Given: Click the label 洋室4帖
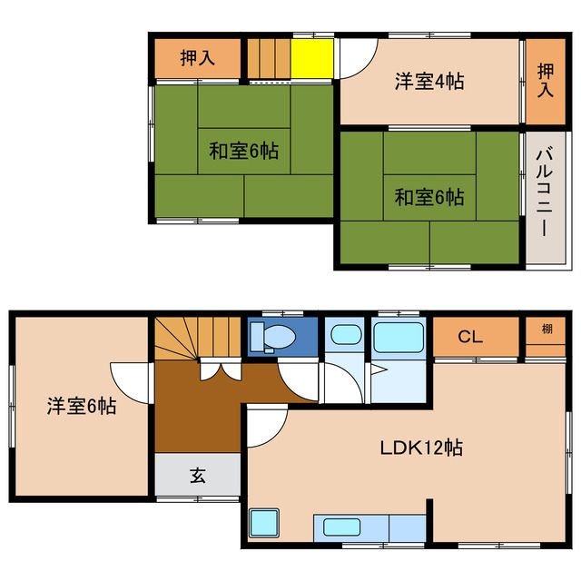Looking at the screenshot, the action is [x=429, y=81].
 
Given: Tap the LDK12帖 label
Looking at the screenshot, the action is [x=421, y=448].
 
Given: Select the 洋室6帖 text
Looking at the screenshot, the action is [x=82, y=406].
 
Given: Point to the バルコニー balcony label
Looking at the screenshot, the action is [x=545, y=192].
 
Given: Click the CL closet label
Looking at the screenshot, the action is [x=470, y=337].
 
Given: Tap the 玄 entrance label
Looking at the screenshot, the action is [x=198, y=476].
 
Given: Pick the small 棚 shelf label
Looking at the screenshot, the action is [x=547, y=329].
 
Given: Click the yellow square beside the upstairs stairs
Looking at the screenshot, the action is [x=312, y=58].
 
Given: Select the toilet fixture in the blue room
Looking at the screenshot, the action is [x=273, y=337].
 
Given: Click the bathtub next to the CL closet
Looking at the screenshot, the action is [x=399, y=338].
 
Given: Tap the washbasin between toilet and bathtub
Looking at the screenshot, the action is [x=346, y=335].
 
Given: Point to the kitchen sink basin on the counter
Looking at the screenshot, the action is [x=341, y=527].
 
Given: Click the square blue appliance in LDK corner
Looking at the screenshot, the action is [x=264, y=523].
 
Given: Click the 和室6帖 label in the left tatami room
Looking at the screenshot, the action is [x=243, y=151].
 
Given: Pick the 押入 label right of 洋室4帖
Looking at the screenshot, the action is [x=546, y=81].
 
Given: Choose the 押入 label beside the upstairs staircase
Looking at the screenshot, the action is [x=198, y=58].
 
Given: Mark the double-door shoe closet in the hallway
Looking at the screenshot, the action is [x=221, y=369].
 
